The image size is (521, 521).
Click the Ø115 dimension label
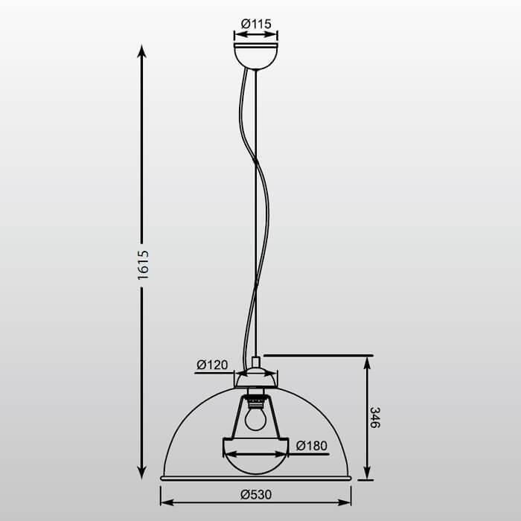point(256,23)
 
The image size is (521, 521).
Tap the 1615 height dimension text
point(144,264)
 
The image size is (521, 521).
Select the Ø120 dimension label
point(212,365)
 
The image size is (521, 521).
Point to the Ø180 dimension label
point(311,446)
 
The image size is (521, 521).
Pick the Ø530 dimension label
point(255,493)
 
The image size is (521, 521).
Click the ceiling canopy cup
point(255,55)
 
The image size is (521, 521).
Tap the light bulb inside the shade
point(256,419)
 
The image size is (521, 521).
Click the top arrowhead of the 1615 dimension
point(142,51)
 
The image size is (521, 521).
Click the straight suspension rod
point(256,223)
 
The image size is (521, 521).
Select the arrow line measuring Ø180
point(255,453)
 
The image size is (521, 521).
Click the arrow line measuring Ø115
point(255,34)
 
